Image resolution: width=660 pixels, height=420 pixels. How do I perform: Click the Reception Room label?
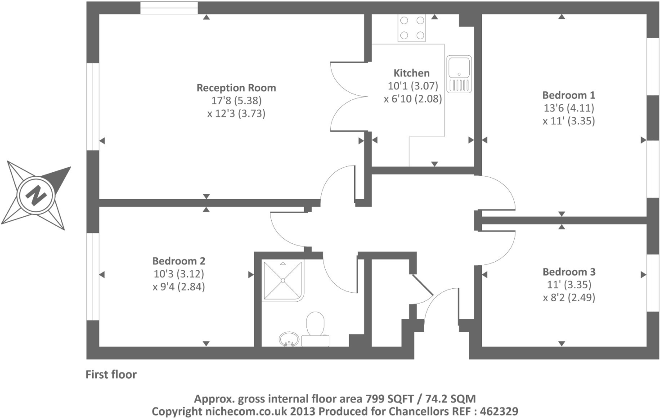click(236, 88)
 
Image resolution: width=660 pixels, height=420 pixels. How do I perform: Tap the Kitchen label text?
click(411, 73)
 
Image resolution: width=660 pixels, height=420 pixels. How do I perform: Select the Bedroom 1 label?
click(569, 95)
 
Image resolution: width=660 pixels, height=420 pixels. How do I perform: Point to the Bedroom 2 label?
click(179, 261)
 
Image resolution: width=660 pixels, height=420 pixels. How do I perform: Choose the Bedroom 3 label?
click(569, 272)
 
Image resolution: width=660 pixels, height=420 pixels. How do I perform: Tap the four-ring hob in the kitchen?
click(412, 28)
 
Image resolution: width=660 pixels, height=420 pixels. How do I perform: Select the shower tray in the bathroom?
click(283, 281)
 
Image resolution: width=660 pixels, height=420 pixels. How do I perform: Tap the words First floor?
click(111, 374)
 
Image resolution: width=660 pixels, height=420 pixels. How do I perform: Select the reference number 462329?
click(499, 411)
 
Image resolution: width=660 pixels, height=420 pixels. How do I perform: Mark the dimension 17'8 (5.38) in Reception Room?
click(236, 100)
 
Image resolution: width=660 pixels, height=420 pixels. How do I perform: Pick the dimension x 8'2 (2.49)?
click(569, 297)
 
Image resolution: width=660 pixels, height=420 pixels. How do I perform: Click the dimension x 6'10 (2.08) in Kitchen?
click(413, 98)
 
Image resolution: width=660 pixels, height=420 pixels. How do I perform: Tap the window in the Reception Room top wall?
click(169, 8)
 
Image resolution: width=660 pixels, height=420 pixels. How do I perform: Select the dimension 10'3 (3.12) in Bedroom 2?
click(179, 273)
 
